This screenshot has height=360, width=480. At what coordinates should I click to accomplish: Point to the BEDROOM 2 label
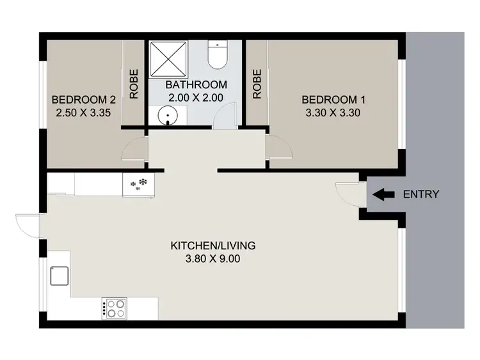coord(83,100)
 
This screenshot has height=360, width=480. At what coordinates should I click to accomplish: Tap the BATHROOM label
coord(196,85)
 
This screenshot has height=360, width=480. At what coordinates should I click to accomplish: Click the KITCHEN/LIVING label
coord(213,246)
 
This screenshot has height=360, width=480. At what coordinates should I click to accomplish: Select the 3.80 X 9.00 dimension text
coord(213,260)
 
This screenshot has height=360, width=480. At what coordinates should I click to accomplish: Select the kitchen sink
coord(58,276)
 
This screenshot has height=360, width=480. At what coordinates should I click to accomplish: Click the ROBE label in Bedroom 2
coord(134,84)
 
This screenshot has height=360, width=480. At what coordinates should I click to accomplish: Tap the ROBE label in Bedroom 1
coord(257,84)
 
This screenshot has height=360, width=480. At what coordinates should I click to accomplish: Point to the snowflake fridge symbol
coord(139,185)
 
